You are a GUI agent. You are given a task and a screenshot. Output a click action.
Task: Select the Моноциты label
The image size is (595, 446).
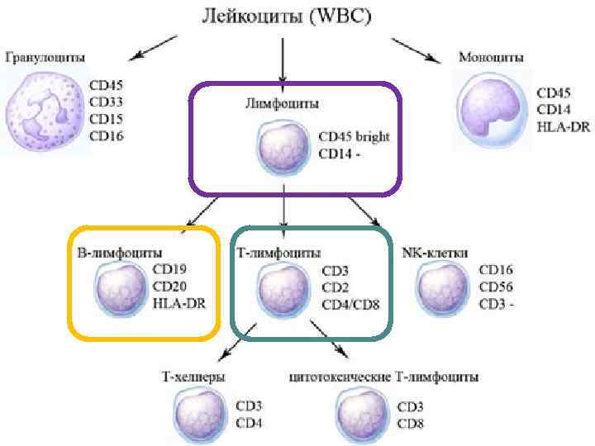(x=492, y=58)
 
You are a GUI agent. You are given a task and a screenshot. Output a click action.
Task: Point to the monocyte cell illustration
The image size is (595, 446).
(x=493, y=109)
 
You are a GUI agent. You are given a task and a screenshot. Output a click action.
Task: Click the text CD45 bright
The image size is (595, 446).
(x=353, y=135)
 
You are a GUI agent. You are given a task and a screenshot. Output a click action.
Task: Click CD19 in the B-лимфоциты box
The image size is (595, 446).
(x=169, y=268)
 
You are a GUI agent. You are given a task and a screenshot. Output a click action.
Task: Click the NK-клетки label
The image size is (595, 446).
(x=433, y=251)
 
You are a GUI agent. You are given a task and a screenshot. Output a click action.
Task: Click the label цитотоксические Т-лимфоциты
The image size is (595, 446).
(x=383, y=377)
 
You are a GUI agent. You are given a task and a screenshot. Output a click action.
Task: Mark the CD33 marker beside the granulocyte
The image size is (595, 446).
(x=107, y=102)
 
